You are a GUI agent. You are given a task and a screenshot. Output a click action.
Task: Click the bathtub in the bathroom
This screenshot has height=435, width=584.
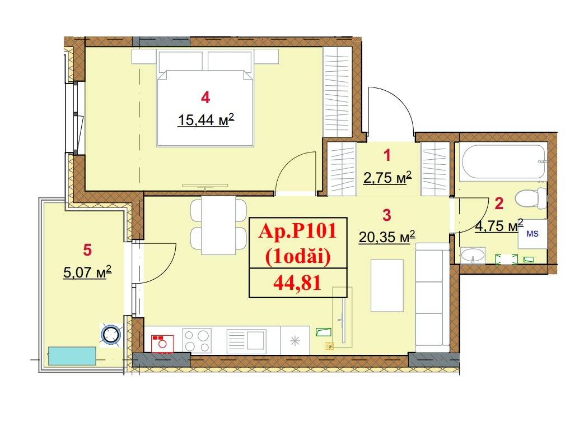tap(503, 161)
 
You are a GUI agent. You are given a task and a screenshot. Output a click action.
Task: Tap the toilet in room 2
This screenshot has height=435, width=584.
tap(531, 198)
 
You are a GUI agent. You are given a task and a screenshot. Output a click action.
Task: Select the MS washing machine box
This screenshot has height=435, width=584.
tap(532, 234)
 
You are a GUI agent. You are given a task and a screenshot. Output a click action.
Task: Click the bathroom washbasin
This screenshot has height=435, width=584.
tap(473, 255)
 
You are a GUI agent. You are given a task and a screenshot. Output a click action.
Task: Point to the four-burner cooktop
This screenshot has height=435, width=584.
tap(197, 340)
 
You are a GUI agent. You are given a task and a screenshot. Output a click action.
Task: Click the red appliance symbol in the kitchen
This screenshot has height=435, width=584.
tap(162, 344)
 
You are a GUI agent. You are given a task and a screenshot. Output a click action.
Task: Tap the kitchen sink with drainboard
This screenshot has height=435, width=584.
tap(246, 340)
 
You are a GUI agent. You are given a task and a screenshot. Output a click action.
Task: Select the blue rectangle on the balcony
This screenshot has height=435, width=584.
tap(72, 356)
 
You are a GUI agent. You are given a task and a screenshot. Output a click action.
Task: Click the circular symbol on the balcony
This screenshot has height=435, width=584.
tap(111, 334)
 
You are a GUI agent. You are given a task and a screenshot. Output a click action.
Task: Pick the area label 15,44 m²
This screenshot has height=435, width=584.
tap(206, 120)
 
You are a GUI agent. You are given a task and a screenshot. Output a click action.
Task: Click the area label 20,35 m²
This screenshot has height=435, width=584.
tap(386, 237)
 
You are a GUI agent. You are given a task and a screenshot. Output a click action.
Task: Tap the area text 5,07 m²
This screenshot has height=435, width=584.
tap(87, 272)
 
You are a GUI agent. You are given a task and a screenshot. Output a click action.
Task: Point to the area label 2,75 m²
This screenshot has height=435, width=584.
tap(387, 178)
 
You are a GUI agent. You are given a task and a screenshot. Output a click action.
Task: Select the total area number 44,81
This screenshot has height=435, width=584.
tap(297, 283)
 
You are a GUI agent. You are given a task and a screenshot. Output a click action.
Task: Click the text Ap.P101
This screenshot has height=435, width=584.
tap(297, 231)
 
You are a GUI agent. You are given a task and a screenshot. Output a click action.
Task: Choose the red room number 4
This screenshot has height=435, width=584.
tap(205, 98)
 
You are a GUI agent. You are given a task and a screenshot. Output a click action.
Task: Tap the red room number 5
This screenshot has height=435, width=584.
tap(87, 250)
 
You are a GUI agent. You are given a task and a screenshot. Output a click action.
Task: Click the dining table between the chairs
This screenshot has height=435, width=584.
tap(218, 225)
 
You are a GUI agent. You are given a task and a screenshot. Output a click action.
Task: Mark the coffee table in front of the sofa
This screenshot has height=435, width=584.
tap(387, 285)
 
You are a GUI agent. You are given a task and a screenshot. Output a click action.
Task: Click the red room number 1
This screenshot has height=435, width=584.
tap(387, 155)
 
